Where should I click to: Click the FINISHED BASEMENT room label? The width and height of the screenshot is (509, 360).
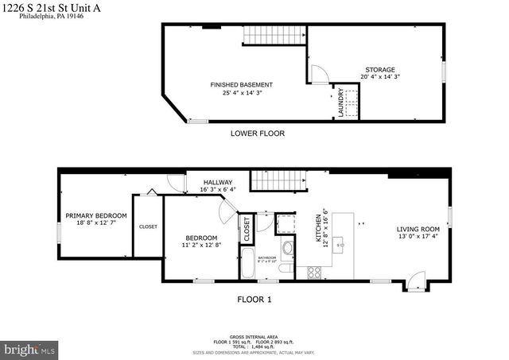coord(241,84)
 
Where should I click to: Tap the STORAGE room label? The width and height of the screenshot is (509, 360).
coord(379,70)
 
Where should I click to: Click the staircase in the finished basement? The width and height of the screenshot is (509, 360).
coord(274,35)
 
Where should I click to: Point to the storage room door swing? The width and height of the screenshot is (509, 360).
coord(317,74)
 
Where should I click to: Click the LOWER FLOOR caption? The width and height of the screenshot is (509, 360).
coord(257,134)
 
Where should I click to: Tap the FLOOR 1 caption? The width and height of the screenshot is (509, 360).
coord(254,300)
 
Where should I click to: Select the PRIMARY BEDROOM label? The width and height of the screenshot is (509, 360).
coord(95,215)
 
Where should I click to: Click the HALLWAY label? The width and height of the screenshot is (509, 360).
coord(217,182)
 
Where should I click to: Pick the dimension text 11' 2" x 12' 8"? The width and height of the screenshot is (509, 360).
coord(201,246)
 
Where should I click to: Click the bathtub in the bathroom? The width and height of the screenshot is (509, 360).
coord(247,265)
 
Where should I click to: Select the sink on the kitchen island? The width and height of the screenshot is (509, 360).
coord(340,246)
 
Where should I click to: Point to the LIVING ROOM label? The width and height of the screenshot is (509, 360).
coord(418,230)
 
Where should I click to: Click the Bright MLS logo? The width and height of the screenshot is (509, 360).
coord(30,349)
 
